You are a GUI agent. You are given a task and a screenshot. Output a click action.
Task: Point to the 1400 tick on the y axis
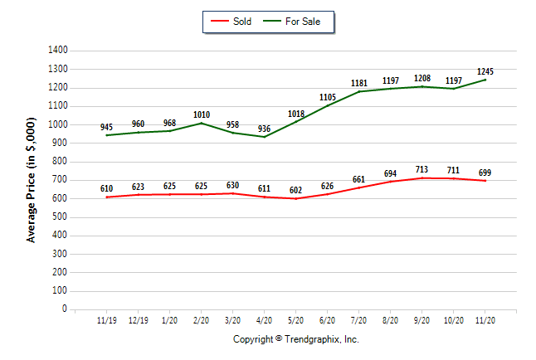click(57, 51)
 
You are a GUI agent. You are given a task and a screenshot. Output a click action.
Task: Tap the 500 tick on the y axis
click(60, 216)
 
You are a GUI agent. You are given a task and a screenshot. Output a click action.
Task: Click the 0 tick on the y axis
click(65, 309)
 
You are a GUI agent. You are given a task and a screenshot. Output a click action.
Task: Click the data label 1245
click(485, 71)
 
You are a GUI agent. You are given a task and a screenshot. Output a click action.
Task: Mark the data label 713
click(422, 169)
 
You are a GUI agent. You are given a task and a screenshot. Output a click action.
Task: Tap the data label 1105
click(328, 97)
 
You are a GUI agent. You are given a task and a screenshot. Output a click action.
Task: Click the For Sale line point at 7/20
click(359, 91)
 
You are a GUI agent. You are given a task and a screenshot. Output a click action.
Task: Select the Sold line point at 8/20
click(391, 181)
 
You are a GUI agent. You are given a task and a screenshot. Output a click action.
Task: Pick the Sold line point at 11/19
click(107, 197)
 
